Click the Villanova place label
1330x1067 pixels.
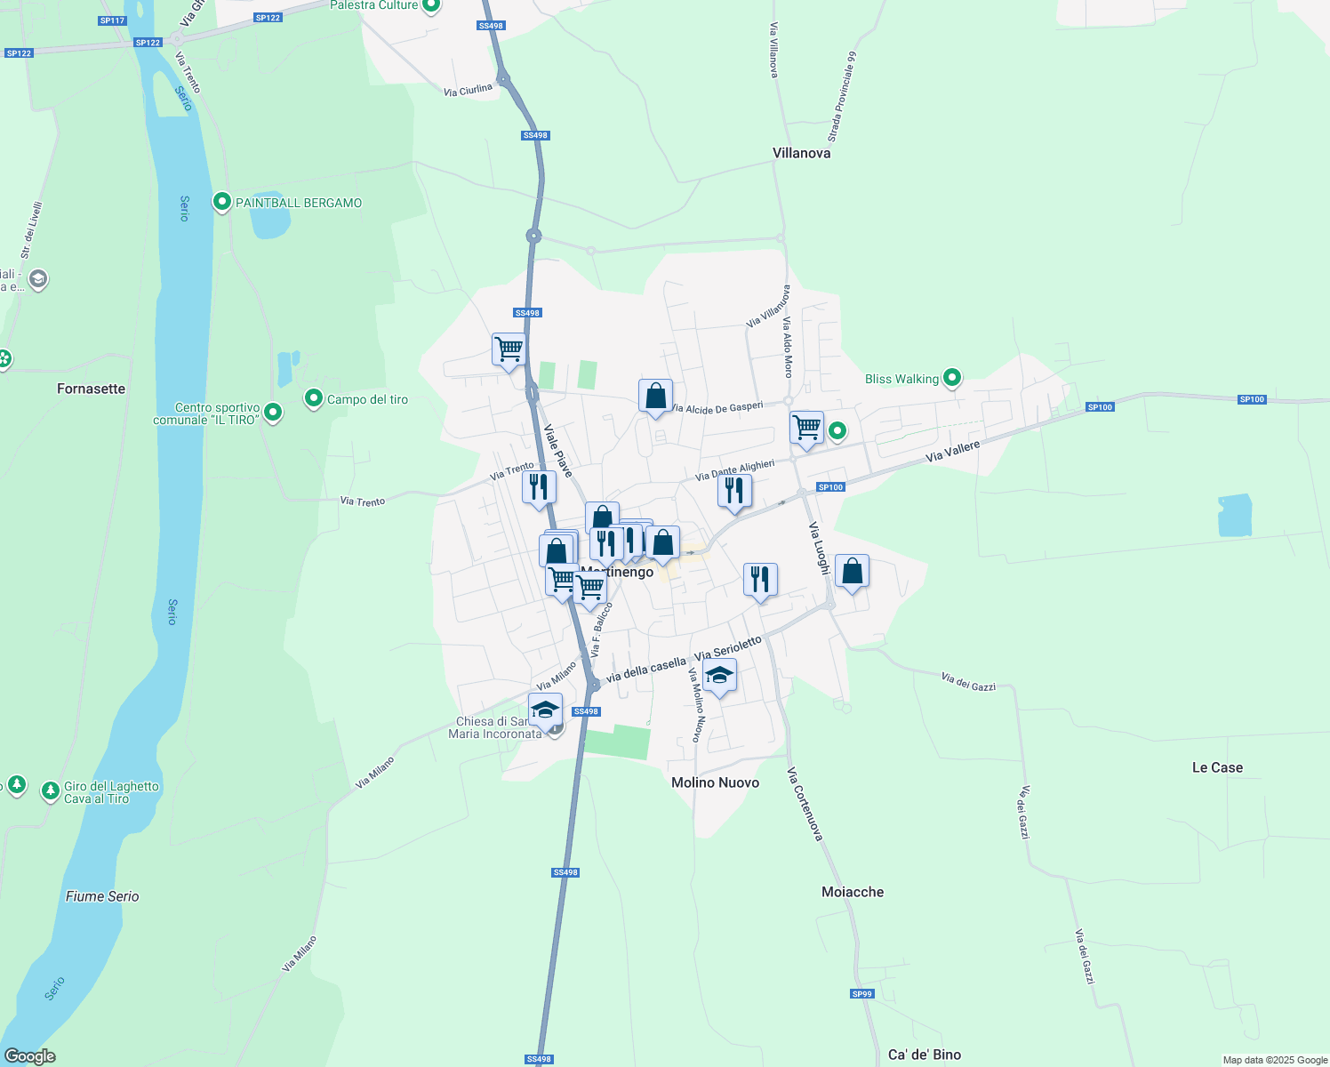(801, 153)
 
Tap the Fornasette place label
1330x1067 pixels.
(91, 389)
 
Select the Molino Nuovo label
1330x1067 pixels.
(715, 782)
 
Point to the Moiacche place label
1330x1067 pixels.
(853, 892)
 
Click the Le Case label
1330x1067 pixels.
(1217, 767)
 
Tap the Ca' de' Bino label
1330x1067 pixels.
(925, 1055)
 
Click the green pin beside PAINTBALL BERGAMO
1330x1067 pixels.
(222, 202)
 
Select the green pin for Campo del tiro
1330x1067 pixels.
(313, 398)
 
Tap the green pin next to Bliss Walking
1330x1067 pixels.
(952, 378)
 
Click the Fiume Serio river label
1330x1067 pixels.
(102, 896)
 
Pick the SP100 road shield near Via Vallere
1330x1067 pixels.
(830, 487)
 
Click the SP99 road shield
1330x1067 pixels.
(861, 994)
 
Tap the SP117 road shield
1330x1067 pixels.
(113, 20)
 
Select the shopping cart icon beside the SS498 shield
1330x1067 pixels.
(509, 349)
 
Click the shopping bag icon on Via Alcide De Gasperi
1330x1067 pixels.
(655, 396)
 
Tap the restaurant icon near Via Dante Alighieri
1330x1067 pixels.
(734, 491)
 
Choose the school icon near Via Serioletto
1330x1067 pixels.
(719, 676)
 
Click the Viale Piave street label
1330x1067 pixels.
(558, 450)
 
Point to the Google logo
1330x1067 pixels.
(29, 1056)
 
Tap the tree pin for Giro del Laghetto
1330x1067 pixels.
(51, 790)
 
